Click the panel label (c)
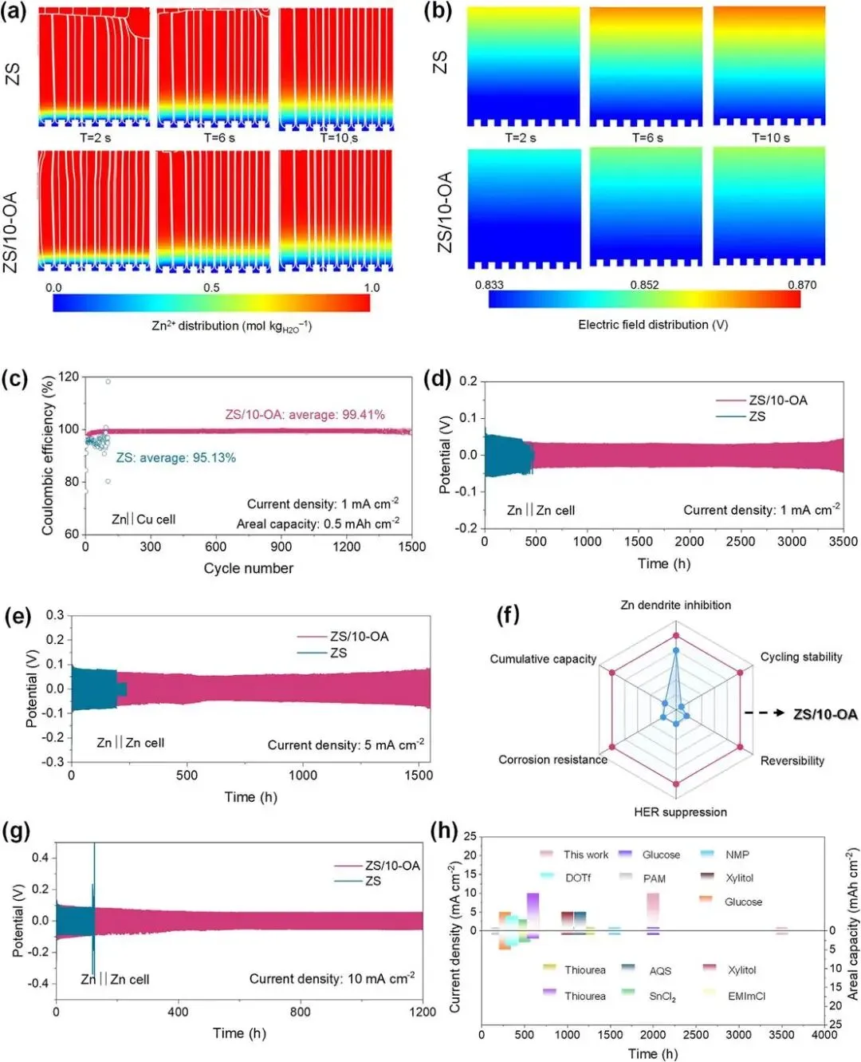click(x=15, y=379)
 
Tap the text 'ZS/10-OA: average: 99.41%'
click(x=305, y=414)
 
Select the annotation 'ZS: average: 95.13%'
click(x=175, y=457)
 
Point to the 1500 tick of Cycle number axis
click(x=412, y=547)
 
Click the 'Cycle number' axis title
click(x=248, y=568)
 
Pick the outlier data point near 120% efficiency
click(x=108, y=381)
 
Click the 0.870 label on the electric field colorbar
click(x=801, y=285)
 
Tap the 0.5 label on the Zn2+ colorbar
click(x=211, y=287)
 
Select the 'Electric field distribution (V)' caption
click(x=652, y=325)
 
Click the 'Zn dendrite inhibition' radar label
click(x=675, y=605)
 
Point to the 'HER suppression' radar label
click(x=680, y=812)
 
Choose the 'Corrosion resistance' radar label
click(x=552, y=760)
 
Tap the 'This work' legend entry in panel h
click(x=585, y=855)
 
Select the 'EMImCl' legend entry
click(x=746, y=996)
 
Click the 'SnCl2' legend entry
click(x=662, y=997)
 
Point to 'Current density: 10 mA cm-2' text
click(x=332, y=978)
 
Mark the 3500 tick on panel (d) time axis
click(x=843, y=541)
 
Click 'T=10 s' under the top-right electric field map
click(x=770, y=138)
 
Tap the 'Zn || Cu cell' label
click(x=143, y=519)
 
